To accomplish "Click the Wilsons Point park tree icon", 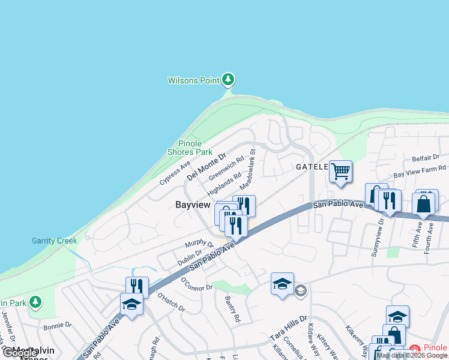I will (228, 79).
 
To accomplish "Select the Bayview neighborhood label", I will (193, 205).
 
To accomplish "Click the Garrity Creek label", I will (55, 241).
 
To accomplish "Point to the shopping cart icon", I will (340, 172).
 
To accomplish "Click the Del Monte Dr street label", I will (206, 167).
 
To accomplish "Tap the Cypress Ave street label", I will (175, 172).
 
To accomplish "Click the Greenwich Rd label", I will (226, 169).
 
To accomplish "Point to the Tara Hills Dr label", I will (288, 328).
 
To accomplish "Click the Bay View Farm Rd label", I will (420, 172).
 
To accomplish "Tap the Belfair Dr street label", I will (426, 158).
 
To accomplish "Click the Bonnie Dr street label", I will (58, 327).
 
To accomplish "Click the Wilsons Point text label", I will (193, 80).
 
